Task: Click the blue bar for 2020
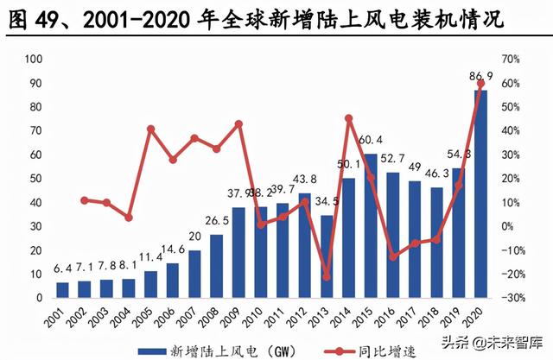click(x=480, y=194)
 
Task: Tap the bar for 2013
click(x=325, y=257)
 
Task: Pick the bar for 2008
click(x=216, y=267)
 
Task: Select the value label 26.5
click(x=216, y=220)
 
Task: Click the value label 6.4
click(x=63, y=268)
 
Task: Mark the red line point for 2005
click(x=150, y=129)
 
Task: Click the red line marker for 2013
click(x=326, y=277)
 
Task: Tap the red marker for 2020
click(x=481, y=84)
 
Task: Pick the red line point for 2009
click(x=238, y=124)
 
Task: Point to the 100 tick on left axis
click(x=35, y=59)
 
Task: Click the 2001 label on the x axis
click(x=60, y=316)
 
